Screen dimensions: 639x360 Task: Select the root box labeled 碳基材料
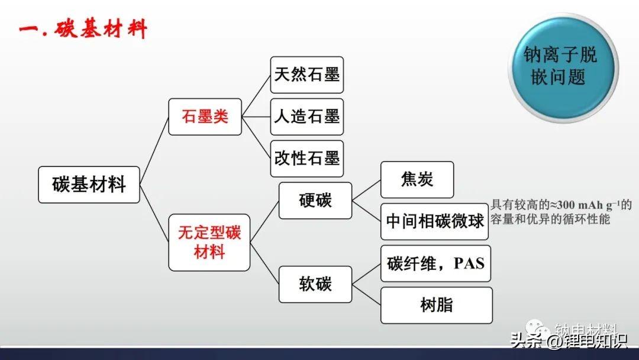[x=89, y=185]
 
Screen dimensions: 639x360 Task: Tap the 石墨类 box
[x=205, y=117]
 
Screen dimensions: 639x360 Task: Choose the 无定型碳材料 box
[x=209, y=242]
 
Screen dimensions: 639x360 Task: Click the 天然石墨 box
[x=306, y=75]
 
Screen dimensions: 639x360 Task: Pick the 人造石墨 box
[x=306, y=117]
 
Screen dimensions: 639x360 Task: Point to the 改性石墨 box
[x=306, y=158]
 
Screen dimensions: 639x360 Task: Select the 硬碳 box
[x=315, y=201]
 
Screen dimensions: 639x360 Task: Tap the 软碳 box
[x=315, y=284]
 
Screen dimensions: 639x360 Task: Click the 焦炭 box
[x=417, y=179]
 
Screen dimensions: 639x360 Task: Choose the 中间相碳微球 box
[x=435, y=221]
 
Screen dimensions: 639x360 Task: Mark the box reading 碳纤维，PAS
[x=435, y=263]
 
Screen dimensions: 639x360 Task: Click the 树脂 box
[x=436, y=305]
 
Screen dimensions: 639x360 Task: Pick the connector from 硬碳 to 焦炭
[x=366, y=190]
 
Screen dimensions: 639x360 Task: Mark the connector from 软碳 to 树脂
[x=366, y=295]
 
